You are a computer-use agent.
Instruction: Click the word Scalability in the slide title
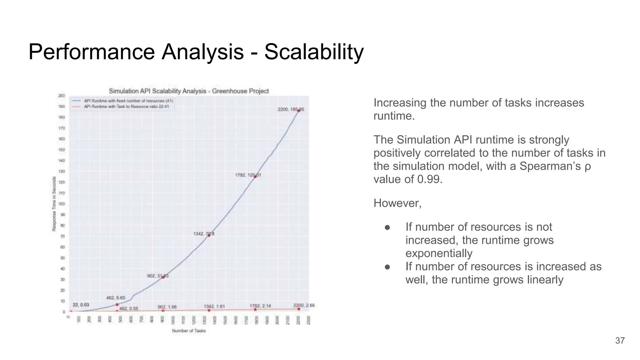click(314, 52)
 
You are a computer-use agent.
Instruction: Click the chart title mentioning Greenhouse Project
click(189, 91)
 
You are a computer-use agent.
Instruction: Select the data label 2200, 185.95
click(290, 109)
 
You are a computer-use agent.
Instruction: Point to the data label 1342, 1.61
click(214, 307)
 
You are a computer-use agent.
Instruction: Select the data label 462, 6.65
click(116, 298)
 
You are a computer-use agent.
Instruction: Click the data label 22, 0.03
click(81, 305)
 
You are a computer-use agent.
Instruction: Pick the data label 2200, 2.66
click(304, 305)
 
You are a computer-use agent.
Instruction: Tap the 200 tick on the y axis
click(62, 96)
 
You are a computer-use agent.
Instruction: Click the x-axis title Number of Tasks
click(189, 331)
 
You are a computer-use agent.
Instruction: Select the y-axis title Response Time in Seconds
click(54, 204)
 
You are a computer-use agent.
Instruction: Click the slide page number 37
click(620, 341)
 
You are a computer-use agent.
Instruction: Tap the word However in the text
click(397, 203)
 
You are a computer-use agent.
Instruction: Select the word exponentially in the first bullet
click(439, 253)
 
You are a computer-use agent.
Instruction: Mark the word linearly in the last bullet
click(545, 279)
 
